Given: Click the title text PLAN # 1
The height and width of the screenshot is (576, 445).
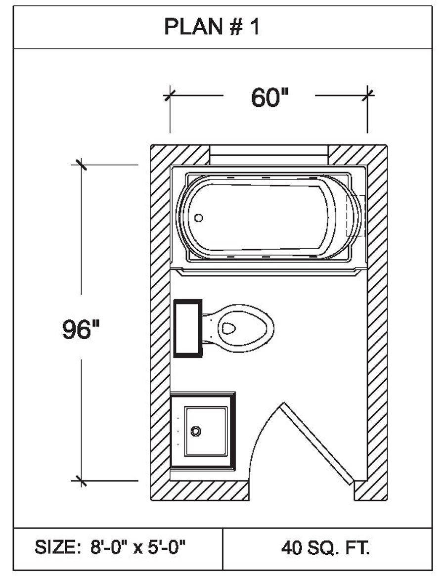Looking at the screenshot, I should [212, 28].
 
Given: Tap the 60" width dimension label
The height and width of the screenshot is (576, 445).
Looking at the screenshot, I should [269, 97].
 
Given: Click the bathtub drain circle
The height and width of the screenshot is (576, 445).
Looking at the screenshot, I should [199, 218].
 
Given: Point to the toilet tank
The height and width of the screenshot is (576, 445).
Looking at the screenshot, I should [188, 328].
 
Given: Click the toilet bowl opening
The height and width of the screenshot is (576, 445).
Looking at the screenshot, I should [229, 328].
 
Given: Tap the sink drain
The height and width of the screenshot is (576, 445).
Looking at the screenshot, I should [196, 431].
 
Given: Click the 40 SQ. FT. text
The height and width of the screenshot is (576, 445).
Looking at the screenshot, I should [326, 548].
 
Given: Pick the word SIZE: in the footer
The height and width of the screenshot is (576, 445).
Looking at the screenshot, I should [55, 548].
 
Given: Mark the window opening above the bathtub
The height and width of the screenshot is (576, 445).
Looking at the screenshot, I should [269, 155].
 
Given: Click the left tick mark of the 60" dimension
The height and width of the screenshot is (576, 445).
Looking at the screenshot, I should [170, 94].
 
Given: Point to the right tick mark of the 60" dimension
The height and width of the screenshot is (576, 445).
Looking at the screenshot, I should [367, 94].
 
